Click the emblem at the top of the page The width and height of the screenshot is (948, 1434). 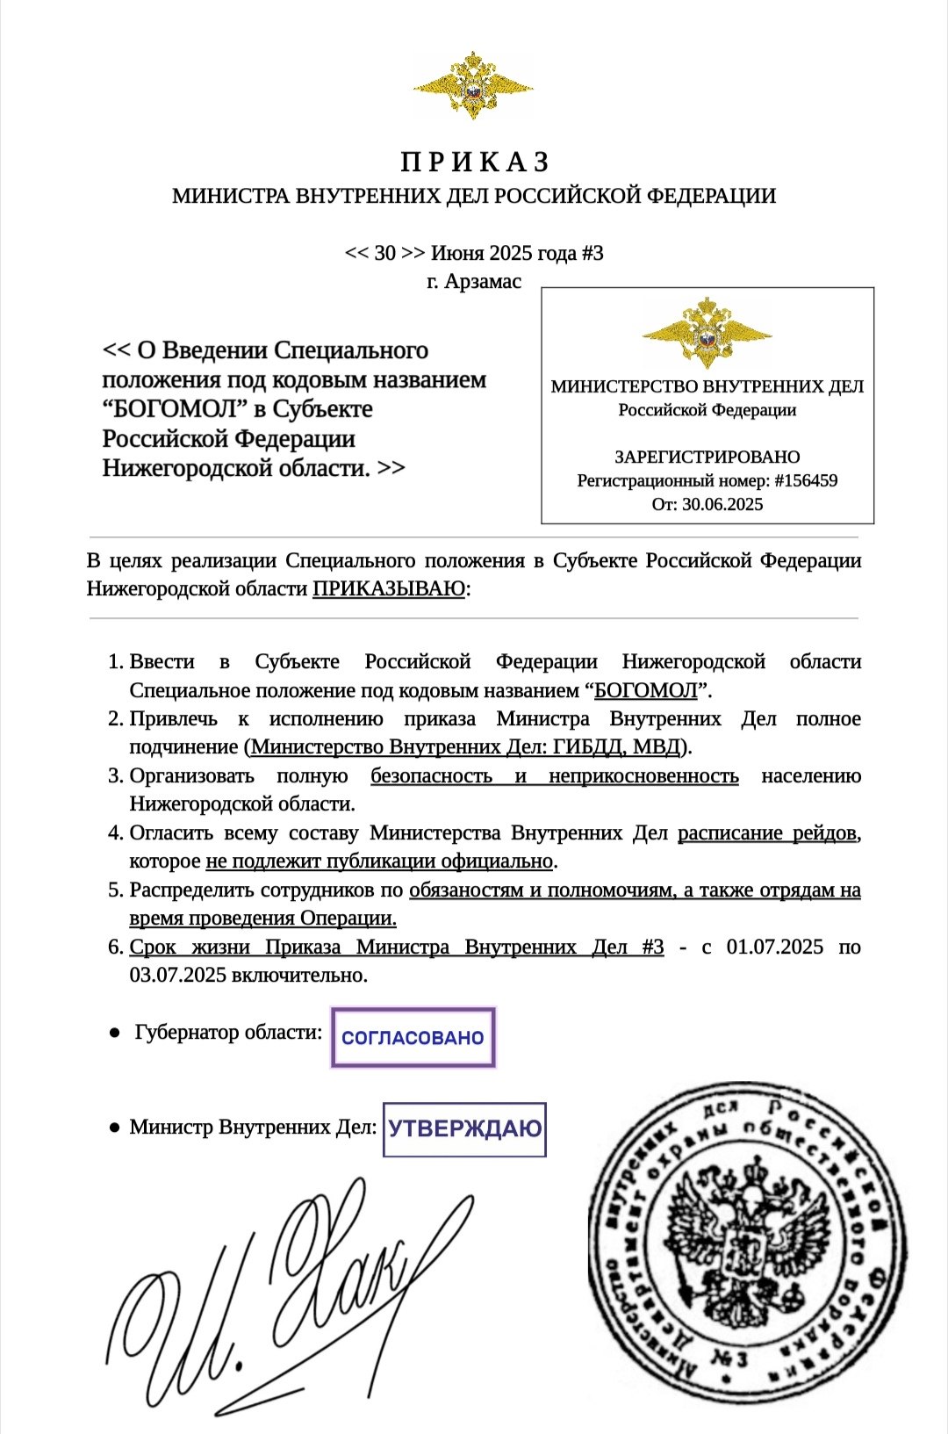point(473,85)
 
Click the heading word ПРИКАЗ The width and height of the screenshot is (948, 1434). point(475,162)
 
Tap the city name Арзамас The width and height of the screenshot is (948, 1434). point(483,282)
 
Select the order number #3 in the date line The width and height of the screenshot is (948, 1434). point(592,254)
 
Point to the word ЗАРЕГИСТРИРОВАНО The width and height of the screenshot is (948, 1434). point(707,457)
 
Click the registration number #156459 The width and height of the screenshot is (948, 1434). point(806,481)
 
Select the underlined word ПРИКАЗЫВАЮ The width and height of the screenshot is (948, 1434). point(389,589)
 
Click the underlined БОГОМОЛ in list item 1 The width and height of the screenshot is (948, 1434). point(645,691)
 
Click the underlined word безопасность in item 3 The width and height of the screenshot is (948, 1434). point(431,776)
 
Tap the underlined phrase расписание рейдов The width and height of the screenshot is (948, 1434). point(767,833)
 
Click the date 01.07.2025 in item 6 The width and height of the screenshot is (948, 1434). point(774,948)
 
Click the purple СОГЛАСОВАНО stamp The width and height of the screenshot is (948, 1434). point(413,1038)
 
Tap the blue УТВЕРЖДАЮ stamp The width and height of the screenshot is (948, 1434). point(465,1129)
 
